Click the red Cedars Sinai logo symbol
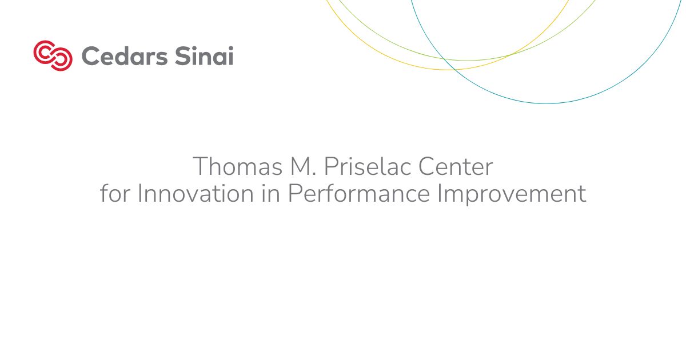click(53, 55)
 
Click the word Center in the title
click(456, 167)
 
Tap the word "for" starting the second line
click(114, 194)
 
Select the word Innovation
click(192, 194)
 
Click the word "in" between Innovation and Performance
click(269, 194)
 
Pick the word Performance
click(360, 194)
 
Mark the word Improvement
click(512, 194)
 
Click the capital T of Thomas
click(200, 167)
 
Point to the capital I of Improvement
click(440, 194)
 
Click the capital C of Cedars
click(90, 57)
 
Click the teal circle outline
click(546, 103)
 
